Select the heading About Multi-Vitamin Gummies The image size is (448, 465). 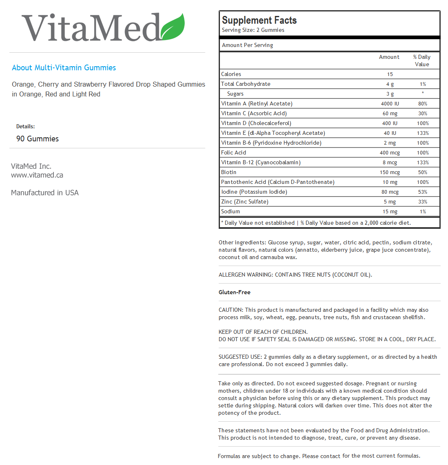pyautogui.click(x=64, y=68)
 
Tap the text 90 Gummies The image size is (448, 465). pyautogui.click(x=38, y=139)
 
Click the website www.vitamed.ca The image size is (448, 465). pyautogui.click(x=37, y=175)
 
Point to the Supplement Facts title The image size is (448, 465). pyautogui.click(x=259, y=20)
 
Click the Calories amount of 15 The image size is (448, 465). pyautogui.click(x=390, y=74)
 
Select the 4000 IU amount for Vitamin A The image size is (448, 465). pyautogui.click(x=390, y=104)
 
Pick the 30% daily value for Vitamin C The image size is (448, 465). pyautogui.click(x=422, y=114)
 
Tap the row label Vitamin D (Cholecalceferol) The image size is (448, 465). pyautogui.click(x=256, y=123)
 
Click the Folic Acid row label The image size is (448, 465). pyautogui.click(x=233, y=153)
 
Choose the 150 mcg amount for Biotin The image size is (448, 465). pyautogui.click(x=390, y=172)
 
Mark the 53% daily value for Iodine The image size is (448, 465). pyautogui.click(x=422, y=192)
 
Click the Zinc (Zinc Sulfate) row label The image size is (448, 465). pyautogui.click(x=244, y=202)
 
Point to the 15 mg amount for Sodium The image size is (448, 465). pyautogui.click(x=390, y=212)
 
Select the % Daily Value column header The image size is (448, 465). pyautogui.click(x=422, y=60)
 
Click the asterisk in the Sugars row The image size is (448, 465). pyautogui.click(x=423, y=94)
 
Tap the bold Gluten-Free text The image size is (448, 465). pyautogui.click(x=235, y=293)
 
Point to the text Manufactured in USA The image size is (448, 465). pyautogui.click(x=45, y=193)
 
